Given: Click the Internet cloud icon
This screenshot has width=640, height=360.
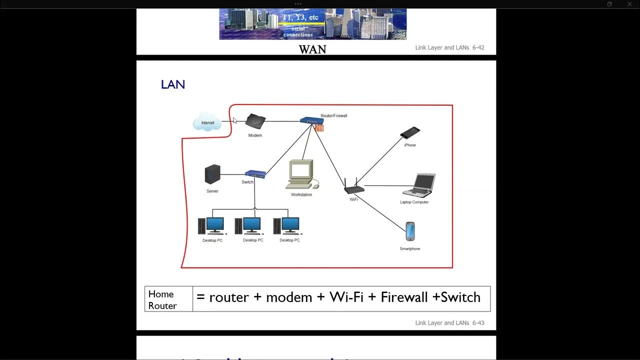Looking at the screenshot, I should pyautogui.click(x=207, y=122).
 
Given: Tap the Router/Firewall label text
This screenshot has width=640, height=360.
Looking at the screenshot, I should pyautogui.click(x=333, y=115).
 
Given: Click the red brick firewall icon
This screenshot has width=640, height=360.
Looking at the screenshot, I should pyautogui.click(x=318, y=128).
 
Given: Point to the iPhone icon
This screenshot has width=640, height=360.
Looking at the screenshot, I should pyautogui.click(x=410, y=133).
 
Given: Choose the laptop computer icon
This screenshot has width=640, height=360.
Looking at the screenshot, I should pyautogui.click(x=419, y=185).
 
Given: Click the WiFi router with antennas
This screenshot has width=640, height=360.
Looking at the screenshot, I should pyautogui.click(x=354, y=187).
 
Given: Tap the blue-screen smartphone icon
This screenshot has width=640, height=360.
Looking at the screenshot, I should pyautogui.click(x=410, y=231).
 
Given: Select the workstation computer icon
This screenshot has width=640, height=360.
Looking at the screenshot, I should pyautogui.click(x=301, y=174).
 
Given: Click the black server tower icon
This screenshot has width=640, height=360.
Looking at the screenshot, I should pyautogui.click(x=212, y=174).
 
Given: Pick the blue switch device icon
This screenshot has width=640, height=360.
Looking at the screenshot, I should pyautogui.click(x=255, y=174).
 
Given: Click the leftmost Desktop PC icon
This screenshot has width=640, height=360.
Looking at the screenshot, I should pyautogui.click(x=212, y=226).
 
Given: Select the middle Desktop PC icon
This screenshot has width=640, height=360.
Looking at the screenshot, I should pyautogui.click(x=249, y=226).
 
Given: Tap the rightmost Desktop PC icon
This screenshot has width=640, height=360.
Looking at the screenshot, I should pyautogui.click(x=287, y=226).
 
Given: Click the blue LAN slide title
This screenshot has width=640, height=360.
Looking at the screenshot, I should pyautogui.click(x=173, y=85).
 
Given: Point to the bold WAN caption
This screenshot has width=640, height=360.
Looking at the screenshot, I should pyautogui.click(x=312, y=49).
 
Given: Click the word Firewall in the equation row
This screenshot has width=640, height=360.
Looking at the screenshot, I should pyautogui.click(x=404, y=297).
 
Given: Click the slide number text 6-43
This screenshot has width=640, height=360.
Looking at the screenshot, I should pyautogui.click(x=478, y=323).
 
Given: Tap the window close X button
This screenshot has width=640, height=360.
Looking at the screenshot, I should pyautogui.click(x=629, y=4).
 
